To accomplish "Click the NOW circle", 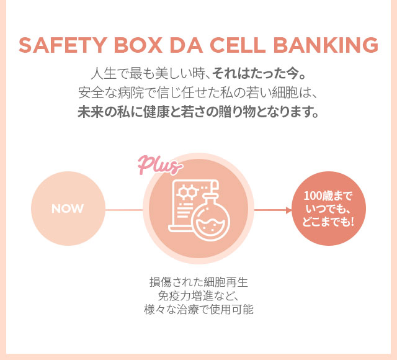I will (x=68, y=209).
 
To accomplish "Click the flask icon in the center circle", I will (x=210, y=219).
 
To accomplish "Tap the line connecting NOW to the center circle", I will (x=124, y=210).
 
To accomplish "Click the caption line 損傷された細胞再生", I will (x=198, y=281).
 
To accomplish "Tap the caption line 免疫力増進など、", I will (x=198, y=295).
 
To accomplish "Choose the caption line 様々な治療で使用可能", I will (x=198, y=308).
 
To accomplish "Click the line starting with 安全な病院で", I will (x=198, y=94).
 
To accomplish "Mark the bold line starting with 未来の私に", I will (x=198, y=114).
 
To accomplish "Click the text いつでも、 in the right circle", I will (x=328, y=209).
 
